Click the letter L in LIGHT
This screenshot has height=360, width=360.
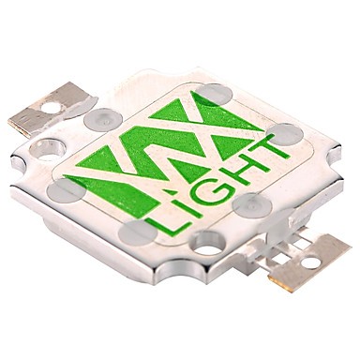click(x=162, y=225)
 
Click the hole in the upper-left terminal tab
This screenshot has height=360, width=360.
click(x=52, y=108)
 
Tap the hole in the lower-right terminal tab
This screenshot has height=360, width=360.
click(x=310, y=262)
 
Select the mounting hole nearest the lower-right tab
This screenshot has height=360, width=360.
click(x=207, y=245)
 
